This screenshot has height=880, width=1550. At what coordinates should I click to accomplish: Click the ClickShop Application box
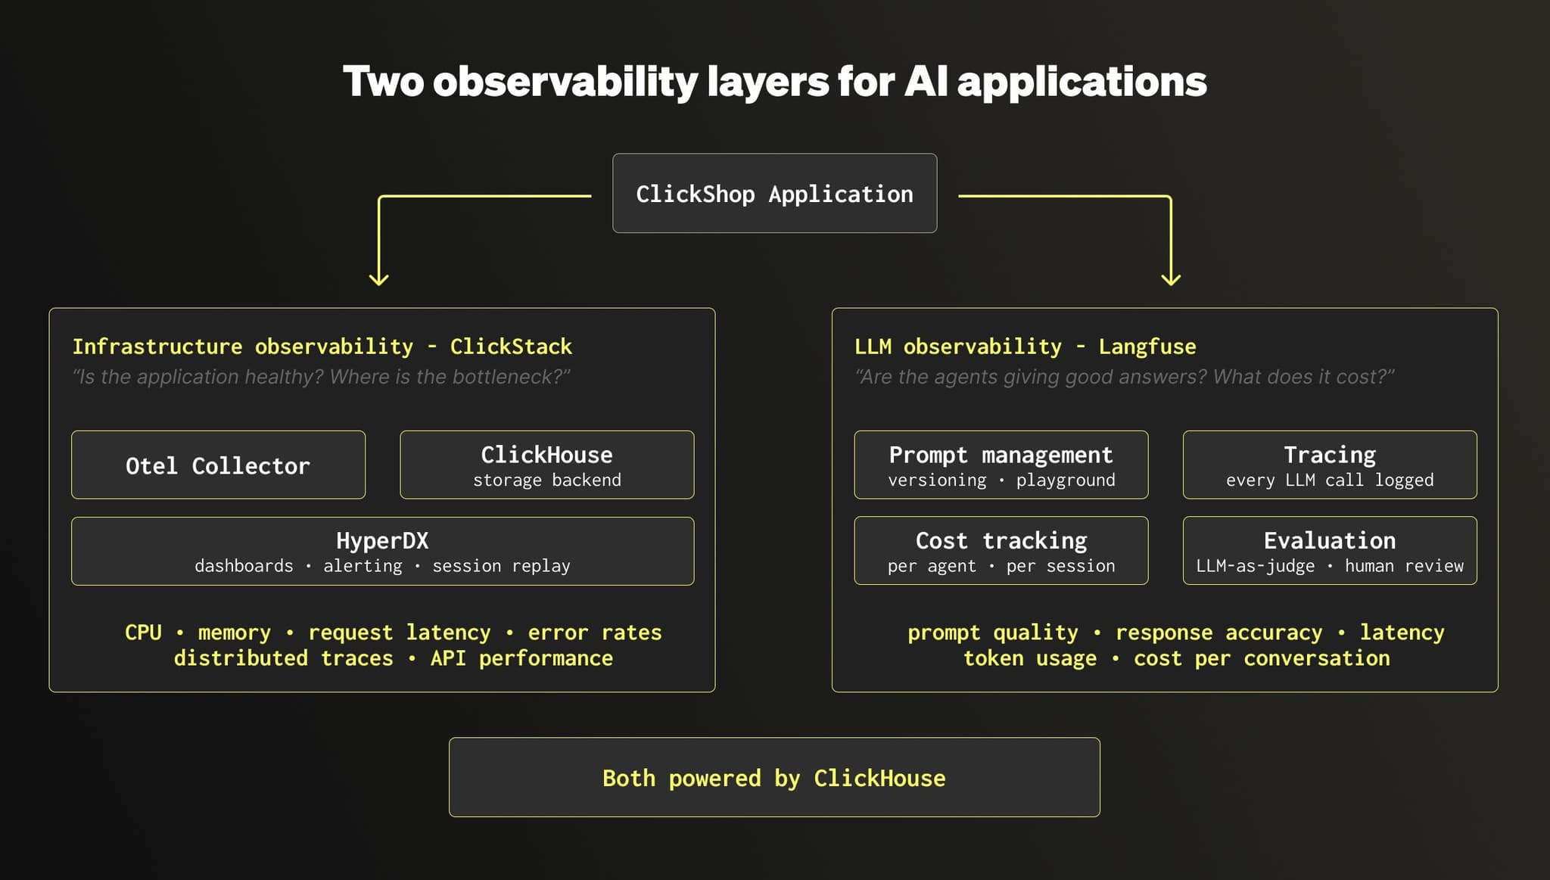click(x=774, y=193)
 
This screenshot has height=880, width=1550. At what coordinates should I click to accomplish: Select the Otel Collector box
click(x=218, y=465)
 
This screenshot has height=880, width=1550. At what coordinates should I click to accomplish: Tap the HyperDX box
click(x=382, y=551)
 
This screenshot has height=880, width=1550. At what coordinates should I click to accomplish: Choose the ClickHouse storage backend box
click(x=546, y=465)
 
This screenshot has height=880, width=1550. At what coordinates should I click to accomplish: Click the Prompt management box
click(x=1001, y=465)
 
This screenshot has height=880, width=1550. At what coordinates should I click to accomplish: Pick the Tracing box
click(x=1330, y=465)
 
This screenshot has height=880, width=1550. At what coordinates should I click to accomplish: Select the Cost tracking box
click(x=1001, y=550)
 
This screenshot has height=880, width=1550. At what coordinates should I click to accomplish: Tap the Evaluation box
click(x=1330, y=550)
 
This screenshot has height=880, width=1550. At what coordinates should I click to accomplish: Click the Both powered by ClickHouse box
click(x=774, y=777)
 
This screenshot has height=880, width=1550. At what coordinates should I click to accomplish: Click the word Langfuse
click(x=1147, y=347)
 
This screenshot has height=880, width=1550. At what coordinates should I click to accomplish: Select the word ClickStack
click(x=511, y=347)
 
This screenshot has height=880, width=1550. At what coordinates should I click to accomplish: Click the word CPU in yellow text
click(x=143, y=633)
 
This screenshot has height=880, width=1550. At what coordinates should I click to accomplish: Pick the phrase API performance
click(x=521, y=658)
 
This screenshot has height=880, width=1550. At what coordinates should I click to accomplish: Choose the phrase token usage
click(x=1030, y=658)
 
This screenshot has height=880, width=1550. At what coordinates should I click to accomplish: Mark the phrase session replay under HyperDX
click(x=501, y=566)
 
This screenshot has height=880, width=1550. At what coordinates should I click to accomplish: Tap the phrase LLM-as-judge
click(x=1256, y=566)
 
